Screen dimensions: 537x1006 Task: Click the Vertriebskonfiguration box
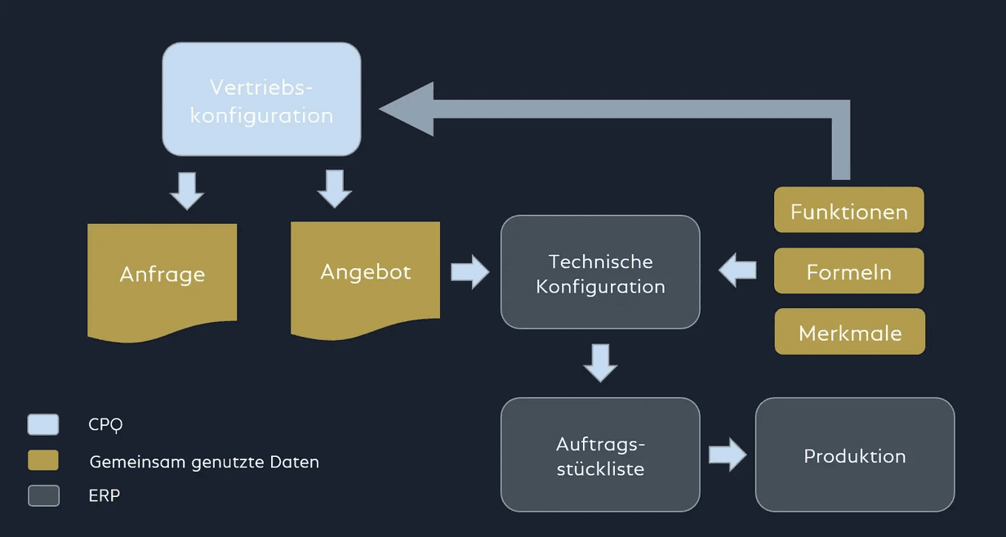(x=261, y=99)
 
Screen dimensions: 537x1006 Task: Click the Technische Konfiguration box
(x=600, y=272)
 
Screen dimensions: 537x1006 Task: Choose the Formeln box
(x=848, y=271)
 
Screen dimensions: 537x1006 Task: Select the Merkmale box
(x=849, y=331)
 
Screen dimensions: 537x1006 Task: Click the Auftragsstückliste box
(x=600, y=454)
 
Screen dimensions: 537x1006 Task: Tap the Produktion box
(x=854, y=454)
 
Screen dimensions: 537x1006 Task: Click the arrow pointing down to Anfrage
(x=187, y=190)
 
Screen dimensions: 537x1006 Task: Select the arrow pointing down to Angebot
(x=334, y=189)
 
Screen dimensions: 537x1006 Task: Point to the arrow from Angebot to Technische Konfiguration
(x=469, y=271)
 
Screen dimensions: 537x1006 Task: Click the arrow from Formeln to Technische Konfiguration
(x=738, y=270)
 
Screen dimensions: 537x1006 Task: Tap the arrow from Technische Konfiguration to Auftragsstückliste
(x=600, y=362)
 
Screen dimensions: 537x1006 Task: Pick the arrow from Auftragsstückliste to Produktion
(x=727, y=454)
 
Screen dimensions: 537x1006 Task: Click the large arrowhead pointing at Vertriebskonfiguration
(x=408, y=109)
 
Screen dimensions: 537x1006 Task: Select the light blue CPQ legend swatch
(x=43, y=424)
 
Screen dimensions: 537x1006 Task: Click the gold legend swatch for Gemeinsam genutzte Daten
(x=43, y=460)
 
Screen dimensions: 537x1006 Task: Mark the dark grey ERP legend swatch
(x=43, y=495)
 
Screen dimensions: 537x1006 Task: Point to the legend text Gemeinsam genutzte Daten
(x=204, y=462)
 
